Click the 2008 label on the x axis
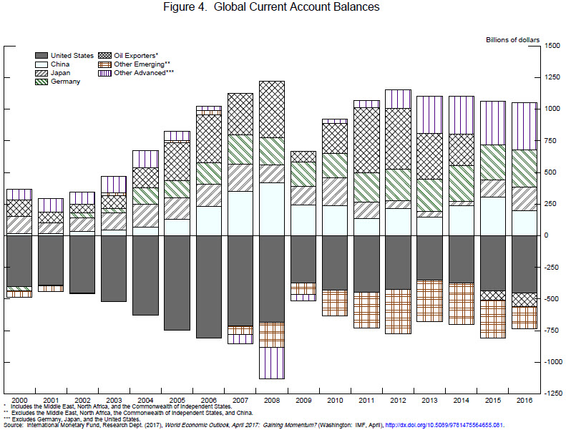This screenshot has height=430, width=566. (272, 400)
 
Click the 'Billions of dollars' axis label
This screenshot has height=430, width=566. (512, 39)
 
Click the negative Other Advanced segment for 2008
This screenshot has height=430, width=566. (272, 363)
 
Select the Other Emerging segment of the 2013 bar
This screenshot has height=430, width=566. (429, 300)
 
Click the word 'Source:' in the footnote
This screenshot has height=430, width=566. (14, 425)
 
